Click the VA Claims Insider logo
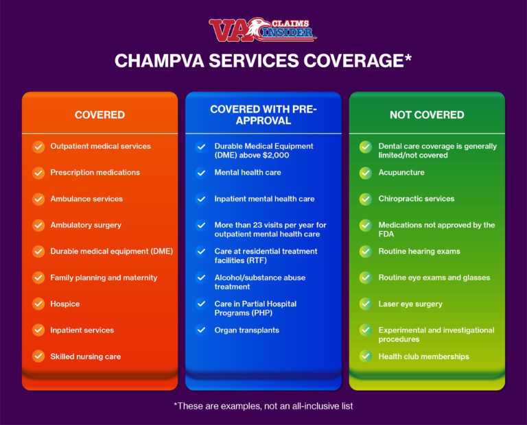point(263,29)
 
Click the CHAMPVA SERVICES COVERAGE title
point(263,61)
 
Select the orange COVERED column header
point(99,115)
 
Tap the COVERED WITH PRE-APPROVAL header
point(263,115)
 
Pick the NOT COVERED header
point(427,115)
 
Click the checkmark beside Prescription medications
point(38,173)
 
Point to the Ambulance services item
point(86,199)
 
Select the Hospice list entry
point(65,304)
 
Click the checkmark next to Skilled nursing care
point(38,356)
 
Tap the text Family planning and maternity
point(104,278)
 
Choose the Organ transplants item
point(246,330)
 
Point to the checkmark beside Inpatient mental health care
point(200,199)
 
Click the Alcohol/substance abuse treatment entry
point(259,282)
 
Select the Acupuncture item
point(401,173)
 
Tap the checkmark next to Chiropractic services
point(366,199)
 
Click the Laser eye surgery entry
point(410,304)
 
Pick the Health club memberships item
point(423,356)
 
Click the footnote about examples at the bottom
point(263,406)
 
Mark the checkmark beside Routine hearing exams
point(366,252)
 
